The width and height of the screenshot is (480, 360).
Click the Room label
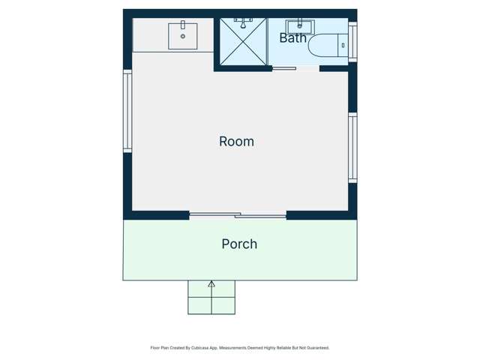236,142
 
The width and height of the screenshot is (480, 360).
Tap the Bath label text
292,38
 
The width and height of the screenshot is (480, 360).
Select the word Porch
239,244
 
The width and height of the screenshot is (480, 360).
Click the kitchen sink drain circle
183,36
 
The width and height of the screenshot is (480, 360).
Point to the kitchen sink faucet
183,25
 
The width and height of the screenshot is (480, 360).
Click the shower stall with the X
243,41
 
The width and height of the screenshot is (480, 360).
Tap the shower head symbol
243,22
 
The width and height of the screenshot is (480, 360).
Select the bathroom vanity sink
300,27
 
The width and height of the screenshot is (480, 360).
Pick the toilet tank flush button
343,45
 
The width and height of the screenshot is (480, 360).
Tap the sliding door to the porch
238,215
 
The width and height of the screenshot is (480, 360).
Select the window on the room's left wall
127,111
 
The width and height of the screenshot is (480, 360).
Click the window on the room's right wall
352,148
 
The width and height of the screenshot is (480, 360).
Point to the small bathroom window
352,42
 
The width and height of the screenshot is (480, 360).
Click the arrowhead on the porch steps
211,284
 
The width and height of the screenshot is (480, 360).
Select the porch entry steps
211,297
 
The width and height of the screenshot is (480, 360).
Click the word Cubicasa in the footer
200,348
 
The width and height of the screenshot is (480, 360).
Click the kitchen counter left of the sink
150,35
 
